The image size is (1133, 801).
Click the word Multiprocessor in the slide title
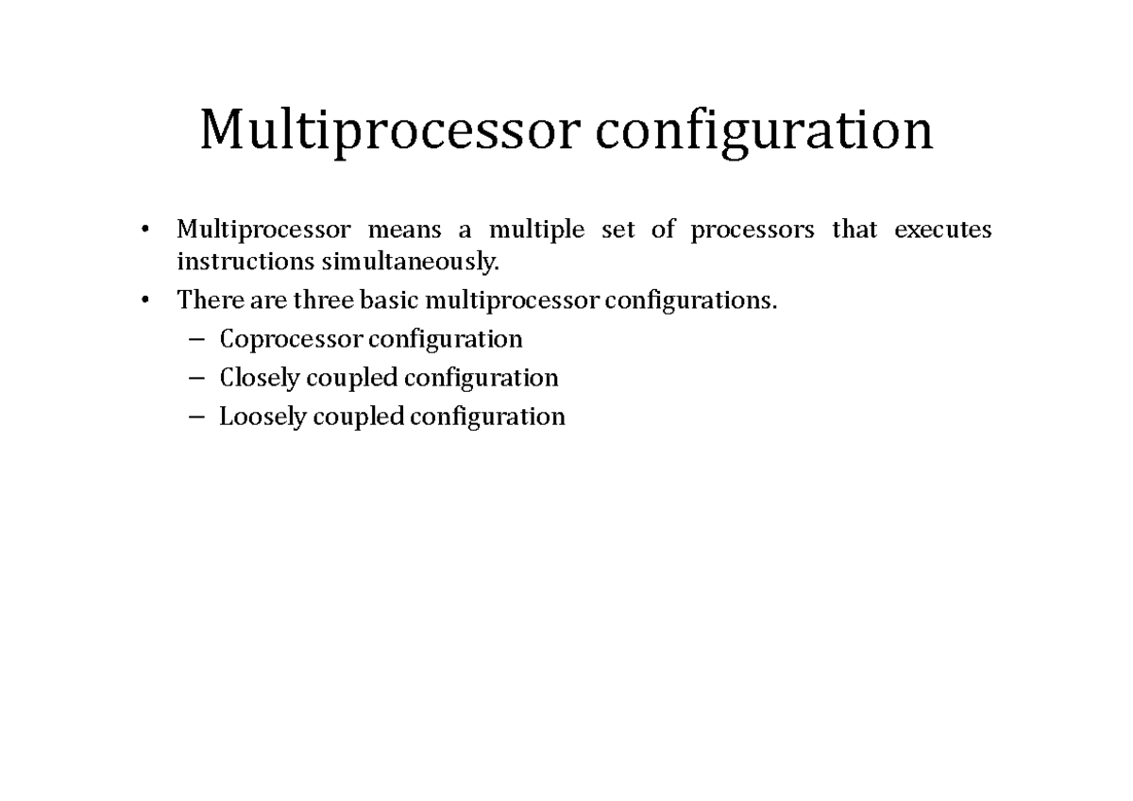click(x=386, y=131)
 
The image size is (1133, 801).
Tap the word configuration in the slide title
click(x=764, y=131)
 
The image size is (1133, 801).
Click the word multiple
click(x=536, y=230)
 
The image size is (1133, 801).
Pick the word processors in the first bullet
click(x=752, y=230)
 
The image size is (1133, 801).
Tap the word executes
click(x=943, y=230)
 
